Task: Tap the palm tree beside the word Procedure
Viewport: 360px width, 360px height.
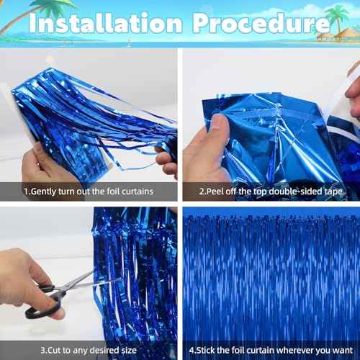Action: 336,19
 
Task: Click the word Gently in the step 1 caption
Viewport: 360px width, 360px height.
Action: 47,192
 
